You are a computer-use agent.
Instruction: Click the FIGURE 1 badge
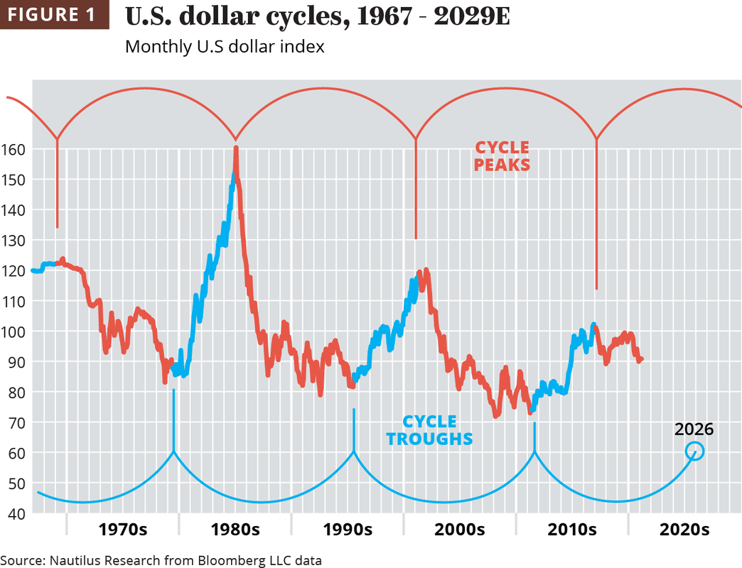tap(55, 15)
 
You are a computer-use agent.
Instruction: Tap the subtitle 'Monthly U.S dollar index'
tap(225, 47)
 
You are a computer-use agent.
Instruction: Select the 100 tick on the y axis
tap(15, 332)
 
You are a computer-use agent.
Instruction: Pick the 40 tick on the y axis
tap(15, 513)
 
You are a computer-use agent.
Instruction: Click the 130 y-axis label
tap(15, 241)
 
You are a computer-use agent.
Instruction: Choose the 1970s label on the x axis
tap(123, 530)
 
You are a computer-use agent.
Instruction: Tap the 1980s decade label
tap(235, 530)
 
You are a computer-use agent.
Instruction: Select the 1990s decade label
tap(348, 530)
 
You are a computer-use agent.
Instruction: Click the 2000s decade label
tap(460, 530)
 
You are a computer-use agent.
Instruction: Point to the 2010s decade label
tap(572, 530)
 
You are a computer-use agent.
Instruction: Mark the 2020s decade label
tap(684, 530)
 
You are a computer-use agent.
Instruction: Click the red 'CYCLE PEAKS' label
tap(502, 156)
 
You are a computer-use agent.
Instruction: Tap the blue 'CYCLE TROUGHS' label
tap(429, 430)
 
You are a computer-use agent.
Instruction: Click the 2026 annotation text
tap(694, 429)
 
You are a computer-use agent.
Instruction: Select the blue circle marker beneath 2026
tap(695, 451)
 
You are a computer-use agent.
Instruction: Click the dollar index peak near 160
tap(235, 148)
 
